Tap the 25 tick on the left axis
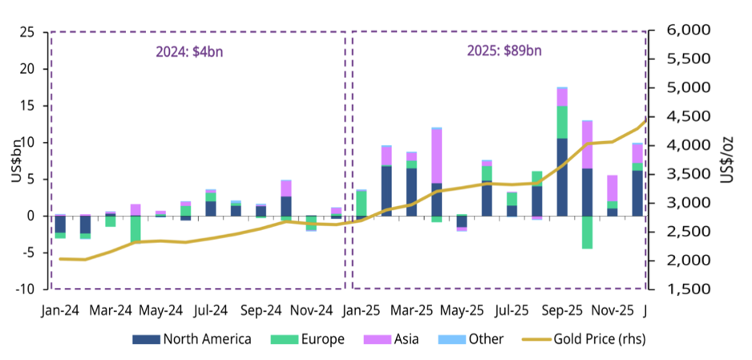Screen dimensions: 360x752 pyautogui.click(x=26, y=32)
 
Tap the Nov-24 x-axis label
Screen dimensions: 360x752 pyautogui.click(x=312, y=310)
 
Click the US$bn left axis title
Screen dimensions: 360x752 pyautogui.click(x=17, y=160)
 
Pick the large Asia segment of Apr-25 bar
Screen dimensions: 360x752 pyautogui.click(x=437, y=156)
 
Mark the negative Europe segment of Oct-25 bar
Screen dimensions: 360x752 pyautogui.click(x=588, y=232)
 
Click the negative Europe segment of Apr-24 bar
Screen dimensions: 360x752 pyautogui.click(x=135, y=229)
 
